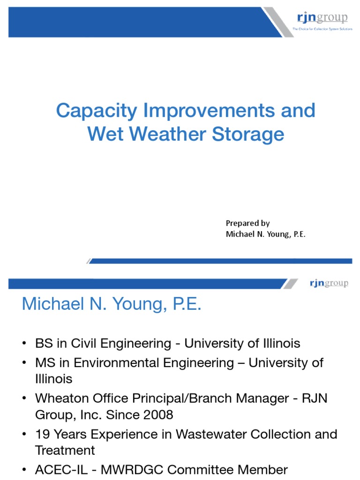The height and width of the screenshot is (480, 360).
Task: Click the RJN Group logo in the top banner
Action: tap(322, 18)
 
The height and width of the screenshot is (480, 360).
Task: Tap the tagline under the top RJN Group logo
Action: tap(322, 29)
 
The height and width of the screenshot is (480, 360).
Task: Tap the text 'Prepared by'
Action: tap(247, 223)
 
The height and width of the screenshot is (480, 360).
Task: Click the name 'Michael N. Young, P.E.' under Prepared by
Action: tap(265, 234)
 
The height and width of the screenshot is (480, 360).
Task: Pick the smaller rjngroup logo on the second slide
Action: tap(329, 283)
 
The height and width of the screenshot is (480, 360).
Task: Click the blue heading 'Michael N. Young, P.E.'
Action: tap(112, 305)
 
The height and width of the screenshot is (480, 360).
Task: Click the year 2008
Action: tap(157, 415)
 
